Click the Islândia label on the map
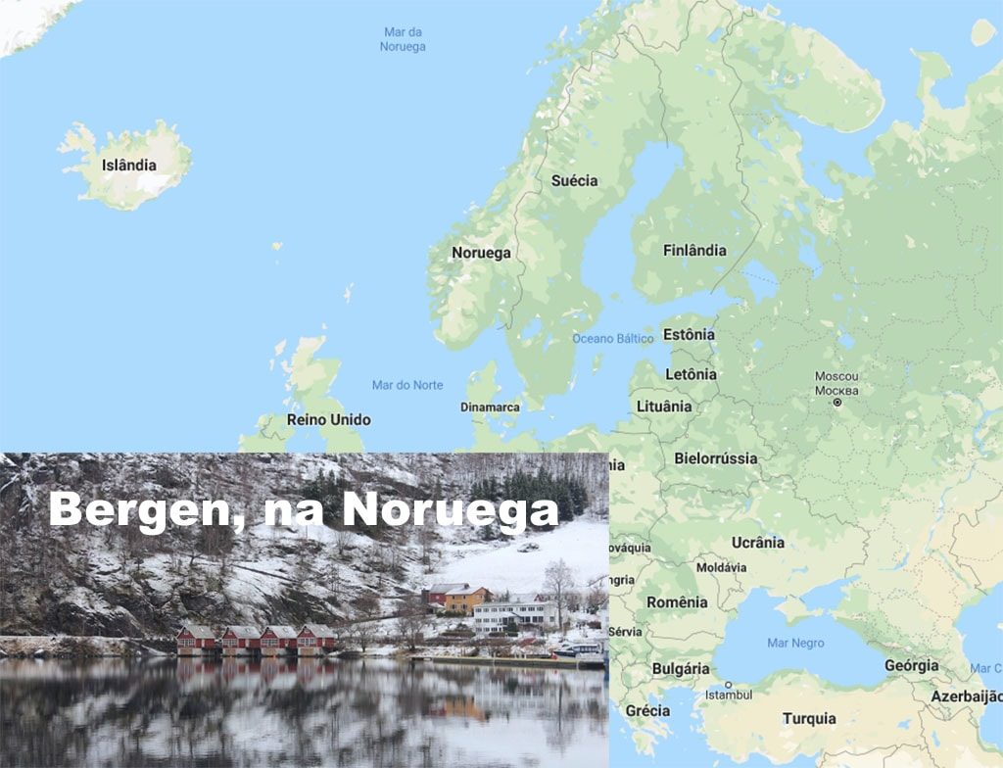point(128,165)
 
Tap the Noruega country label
point(481,253)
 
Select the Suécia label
point(574,180)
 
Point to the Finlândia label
point(694,250)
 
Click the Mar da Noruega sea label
point(404,39)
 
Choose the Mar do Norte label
point(407,385)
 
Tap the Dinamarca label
point(491,407)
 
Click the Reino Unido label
point(328,419)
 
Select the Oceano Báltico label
point(613,338)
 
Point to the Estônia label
point(689,334)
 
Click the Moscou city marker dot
point(837,402)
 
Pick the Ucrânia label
point(758,542)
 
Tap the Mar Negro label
point(795,644)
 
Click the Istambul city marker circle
point(729,684)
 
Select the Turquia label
point(809,718)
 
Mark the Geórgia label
point(911,665)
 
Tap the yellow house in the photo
point(466,597)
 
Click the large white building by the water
point(515,614)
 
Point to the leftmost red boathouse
point(196,639)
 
